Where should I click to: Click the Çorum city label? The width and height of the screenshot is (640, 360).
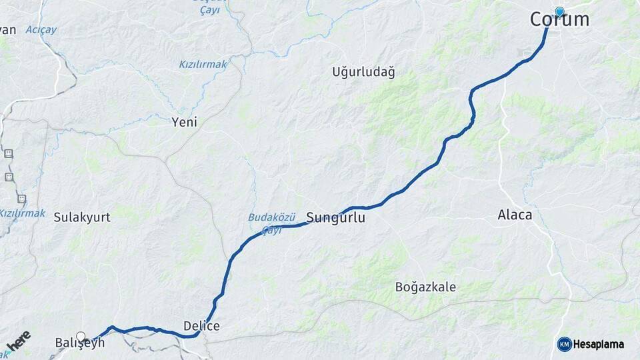click(560, 20)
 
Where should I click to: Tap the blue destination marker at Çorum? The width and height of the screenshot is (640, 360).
click(559, 11)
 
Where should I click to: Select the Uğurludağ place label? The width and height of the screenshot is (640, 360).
click(363, 73)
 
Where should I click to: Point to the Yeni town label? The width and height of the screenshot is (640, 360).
click(185, 122)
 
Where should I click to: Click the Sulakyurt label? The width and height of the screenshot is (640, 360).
click(82, 217)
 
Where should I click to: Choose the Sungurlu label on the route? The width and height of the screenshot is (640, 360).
click(336, 217)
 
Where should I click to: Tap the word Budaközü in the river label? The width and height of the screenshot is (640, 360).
click(271, 217)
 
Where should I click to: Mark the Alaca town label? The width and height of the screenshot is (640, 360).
click(515, 215)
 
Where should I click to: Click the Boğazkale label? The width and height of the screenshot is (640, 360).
click(425, 287)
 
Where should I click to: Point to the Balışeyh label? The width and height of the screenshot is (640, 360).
click(79, 343)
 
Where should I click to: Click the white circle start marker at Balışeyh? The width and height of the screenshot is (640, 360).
click(81, 337)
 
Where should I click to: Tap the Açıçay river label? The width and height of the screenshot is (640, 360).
click(41, 30)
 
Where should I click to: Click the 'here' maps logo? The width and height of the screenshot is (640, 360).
click(18, 341)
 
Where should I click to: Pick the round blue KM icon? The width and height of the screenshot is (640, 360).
click(564, 344)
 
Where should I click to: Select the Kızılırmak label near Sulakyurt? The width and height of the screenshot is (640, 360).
click(22, 213)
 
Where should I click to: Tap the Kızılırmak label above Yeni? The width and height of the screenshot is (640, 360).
click(203, 65)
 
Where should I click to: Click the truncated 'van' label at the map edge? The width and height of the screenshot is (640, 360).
click(7, 30)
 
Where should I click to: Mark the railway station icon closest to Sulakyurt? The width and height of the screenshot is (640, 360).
click(22, 199)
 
